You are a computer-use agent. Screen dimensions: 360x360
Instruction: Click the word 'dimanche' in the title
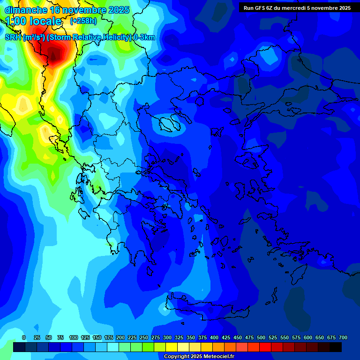click(x=26, y=10)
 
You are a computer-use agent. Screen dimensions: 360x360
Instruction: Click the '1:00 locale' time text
click(x=33, y=21)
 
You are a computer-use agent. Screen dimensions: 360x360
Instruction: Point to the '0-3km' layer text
click(x=144, y=37)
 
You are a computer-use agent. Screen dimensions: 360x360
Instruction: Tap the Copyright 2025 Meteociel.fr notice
click(x=199, y=357)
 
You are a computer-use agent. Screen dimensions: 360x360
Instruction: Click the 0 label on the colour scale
click(x=24, y=337)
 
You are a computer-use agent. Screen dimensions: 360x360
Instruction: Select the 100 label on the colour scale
click(x=74, y=337)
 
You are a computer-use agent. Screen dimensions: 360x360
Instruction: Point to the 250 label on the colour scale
click(x=144, y=337)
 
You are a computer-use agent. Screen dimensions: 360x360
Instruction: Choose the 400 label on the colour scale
click(x=214, y=337)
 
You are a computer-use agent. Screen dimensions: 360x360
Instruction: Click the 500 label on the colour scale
click(x=261, y=337)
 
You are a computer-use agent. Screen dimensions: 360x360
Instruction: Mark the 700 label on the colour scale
click(x=343, y=337)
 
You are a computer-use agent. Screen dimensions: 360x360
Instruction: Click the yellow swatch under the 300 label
click(x=172, y=347)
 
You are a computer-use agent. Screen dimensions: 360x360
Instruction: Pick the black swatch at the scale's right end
click(x=336, y=347)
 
